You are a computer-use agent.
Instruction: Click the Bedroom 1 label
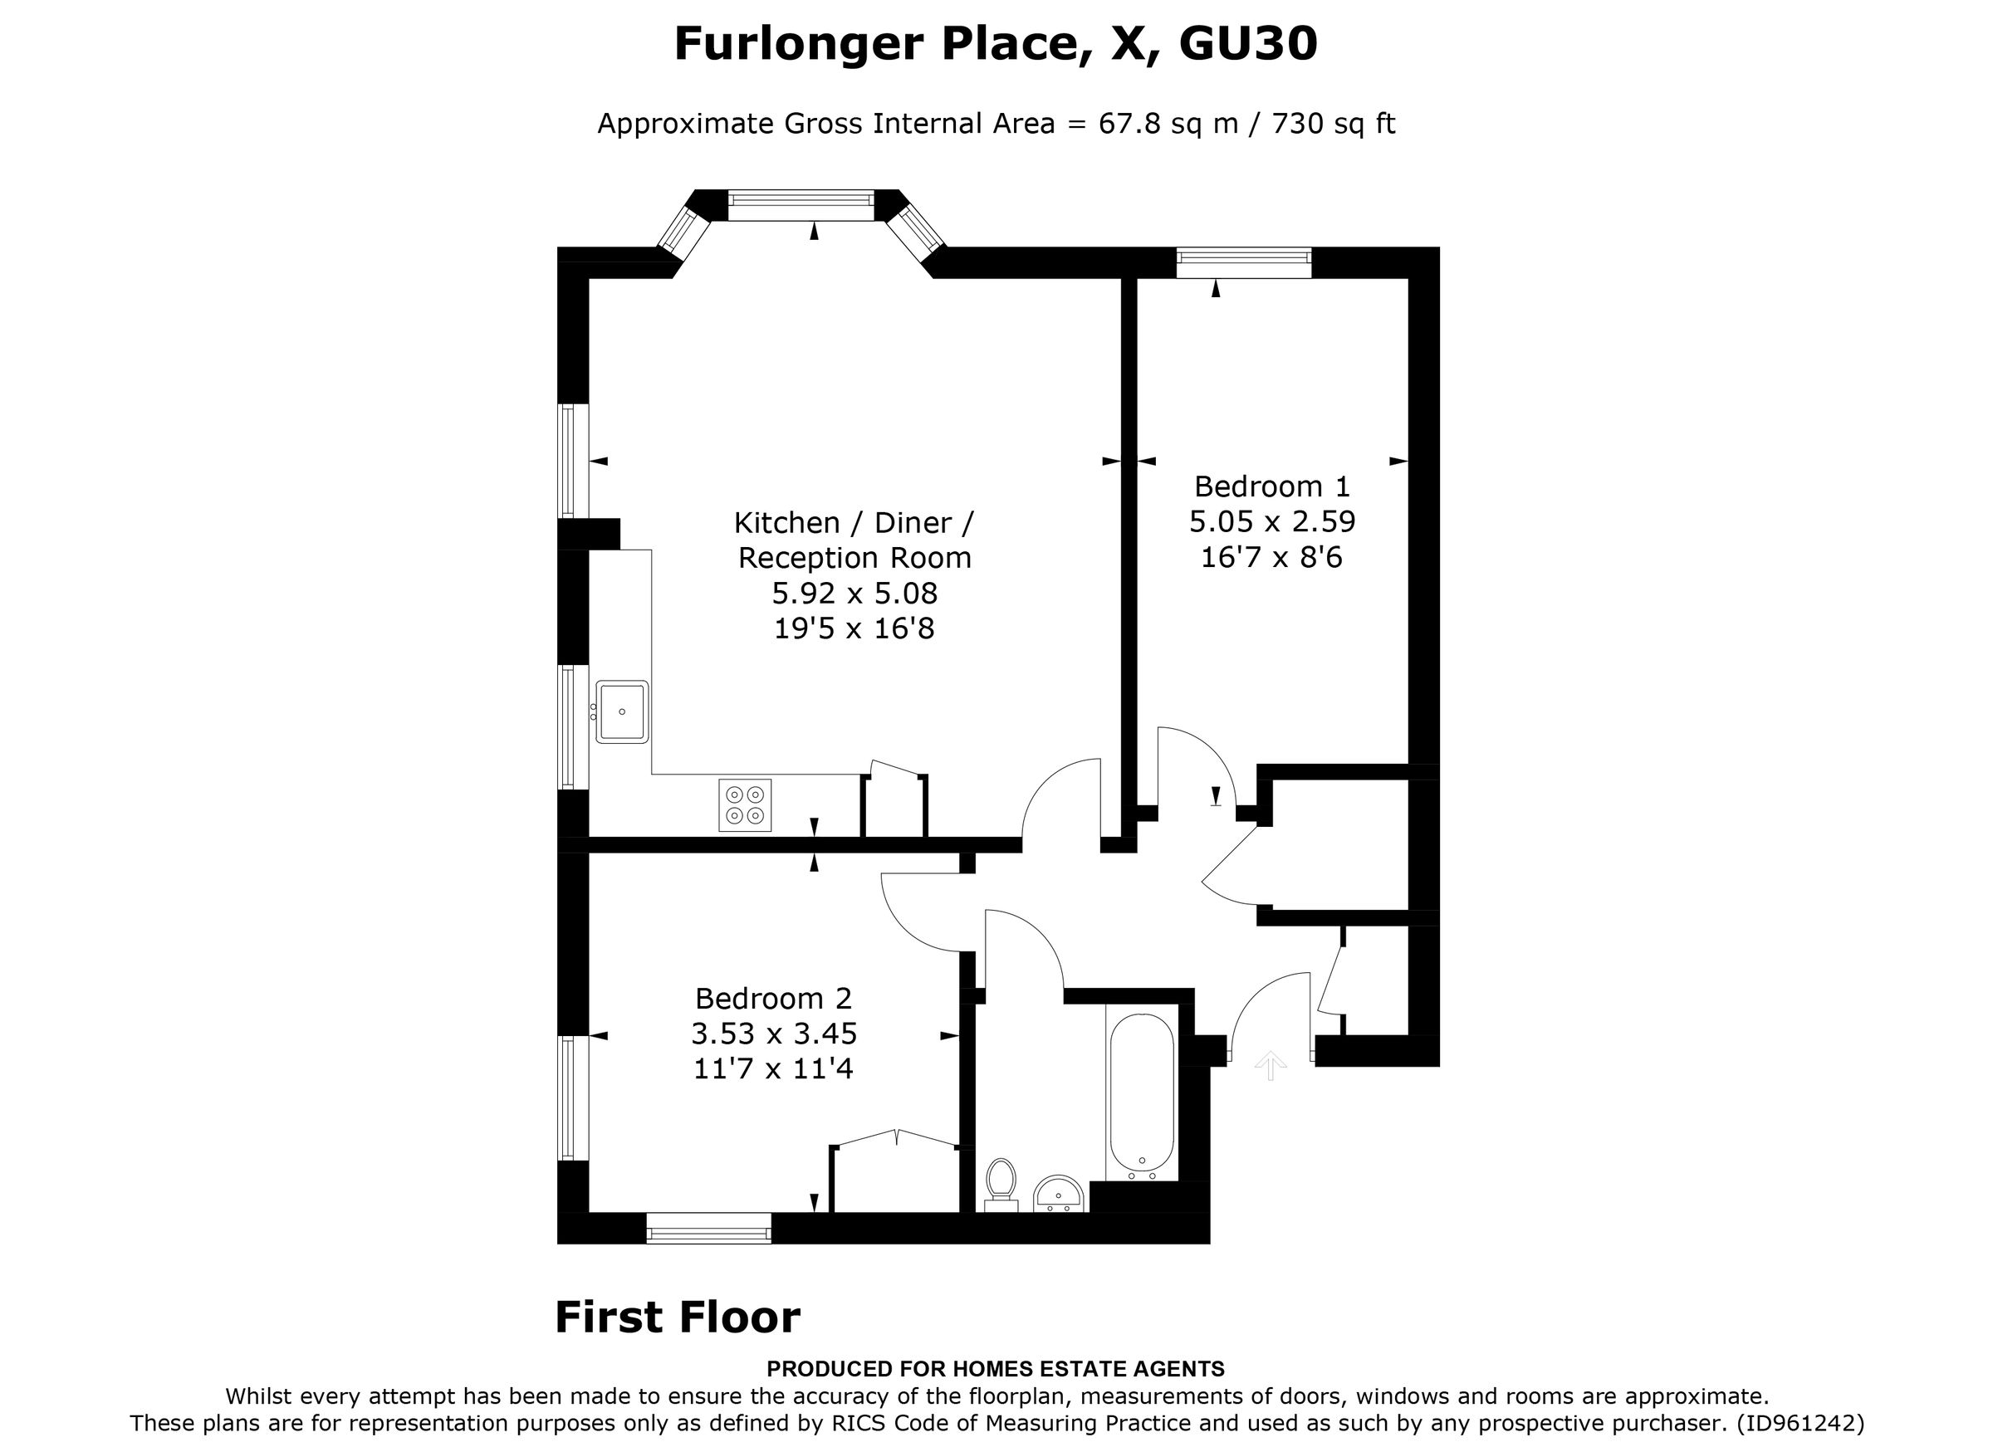click(x=1271, y=486)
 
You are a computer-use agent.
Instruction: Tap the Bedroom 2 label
click(x=773, y=998)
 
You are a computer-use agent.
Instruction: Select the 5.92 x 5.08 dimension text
click(x=854, y=593)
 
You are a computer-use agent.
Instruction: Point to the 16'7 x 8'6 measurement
click(x=1271, y=557)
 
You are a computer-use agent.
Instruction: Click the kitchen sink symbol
click(x=622, y=711)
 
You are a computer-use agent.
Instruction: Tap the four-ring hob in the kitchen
click(x=744, y=805)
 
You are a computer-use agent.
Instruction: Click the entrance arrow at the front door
click(x=1271, y=1065)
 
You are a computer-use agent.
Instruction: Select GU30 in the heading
click(x=1247, y=44)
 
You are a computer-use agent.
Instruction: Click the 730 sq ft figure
click(x=1333, y=124)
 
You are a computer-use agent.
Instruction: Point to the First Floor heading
click(x=678, y=1317)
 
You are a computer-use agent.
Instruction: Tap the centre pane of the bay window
click(x=801, y=207)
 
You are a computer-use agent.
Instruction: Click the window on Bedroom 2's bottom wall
click(x=708, y=1229)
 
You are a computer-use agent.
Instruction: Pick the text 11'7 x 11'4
click(x=773, y=1068)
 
